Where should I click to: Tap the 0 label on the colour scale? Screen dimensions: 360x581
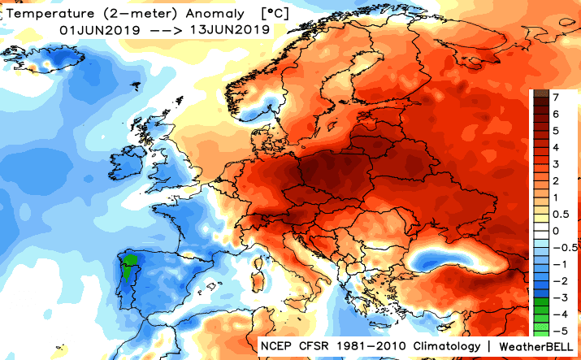(555, 231)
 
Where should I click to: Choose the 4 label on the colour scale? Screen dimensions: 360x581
(555, 147)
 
